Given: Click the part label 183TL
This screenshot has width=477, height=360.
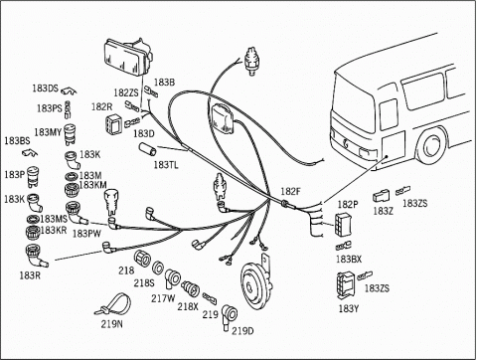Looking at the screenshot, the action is click(x=166, y=165).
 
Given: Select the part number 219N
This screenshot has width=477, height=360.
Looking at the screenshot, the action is click(x=111, y=323).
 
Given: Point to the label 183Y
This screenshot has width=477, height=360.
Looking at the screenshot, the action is click(x=349, y=308).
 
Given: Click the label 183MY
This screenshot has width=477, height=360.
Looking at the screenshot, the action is click(x=48, y=132).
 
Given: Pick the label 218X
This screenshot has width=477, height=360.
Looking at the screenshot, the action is click(x=188, y=306).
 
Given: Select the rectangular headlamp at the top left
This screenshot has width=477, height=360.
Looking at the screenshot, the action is click(x=128, y=58).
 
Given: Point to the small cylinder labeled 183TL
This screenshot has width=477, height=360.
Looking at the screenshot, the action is click(x=147, y=148).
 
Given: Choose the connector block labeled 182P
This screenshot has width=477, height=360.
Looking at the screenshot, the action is click(x=343, y=224).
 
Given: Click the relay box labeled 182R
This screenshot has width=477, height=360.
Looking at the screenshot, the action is click(x=112, y=125).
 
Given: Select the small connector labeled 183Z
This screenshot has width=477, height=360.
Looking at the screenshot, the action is click(x=381, y=196).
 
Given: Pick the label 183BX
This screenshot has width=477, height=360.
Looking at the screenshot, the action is click(x=349, y=259).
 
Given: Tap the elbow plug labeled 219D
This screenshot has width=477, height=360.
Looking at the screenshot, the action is click(x=229, y=316).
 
